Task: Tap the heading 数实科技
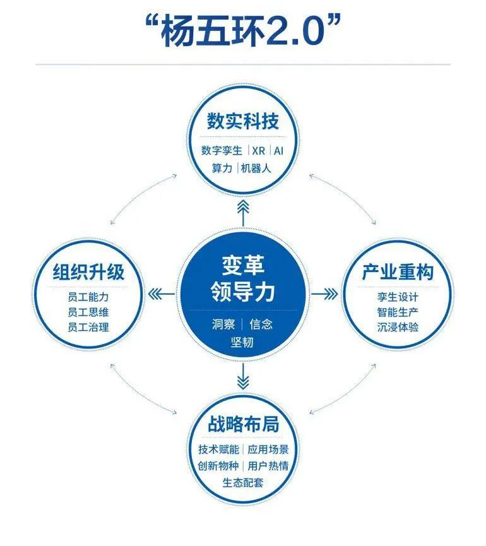[x=243, y=121]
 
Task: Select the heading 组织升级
[x=88, y=272]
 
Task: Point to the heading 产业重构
[x=398, y=272]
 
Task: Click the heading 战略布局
[x=244, y=424]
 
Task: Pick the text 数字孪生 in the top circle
[x=222, y=151]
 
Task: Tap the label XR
[x=258, y=151]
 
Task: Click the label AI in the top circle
[x=278, y=151]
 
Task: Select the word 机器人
[x=256, y=169]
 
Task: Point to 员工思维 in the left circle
[x=88, y=312]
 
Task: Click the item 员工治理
[x=88, y=328]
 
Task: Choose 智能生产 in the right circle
[x=398, y=312]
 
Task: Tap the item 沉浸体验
[x=398, y=328]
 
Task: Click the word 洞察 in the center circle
[x=223, y=324]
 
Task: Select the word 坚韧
[x=242, y=342]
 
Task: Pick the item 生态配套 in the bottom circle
[x=243, y=483]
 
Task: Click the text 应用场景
[x=268, y=449]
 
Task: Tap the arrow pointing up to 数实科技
[x=243, y=213]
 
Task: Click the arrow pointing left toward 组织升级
[x=162, y=295]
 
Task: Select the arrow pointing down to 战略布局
[x=243, y=376]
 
